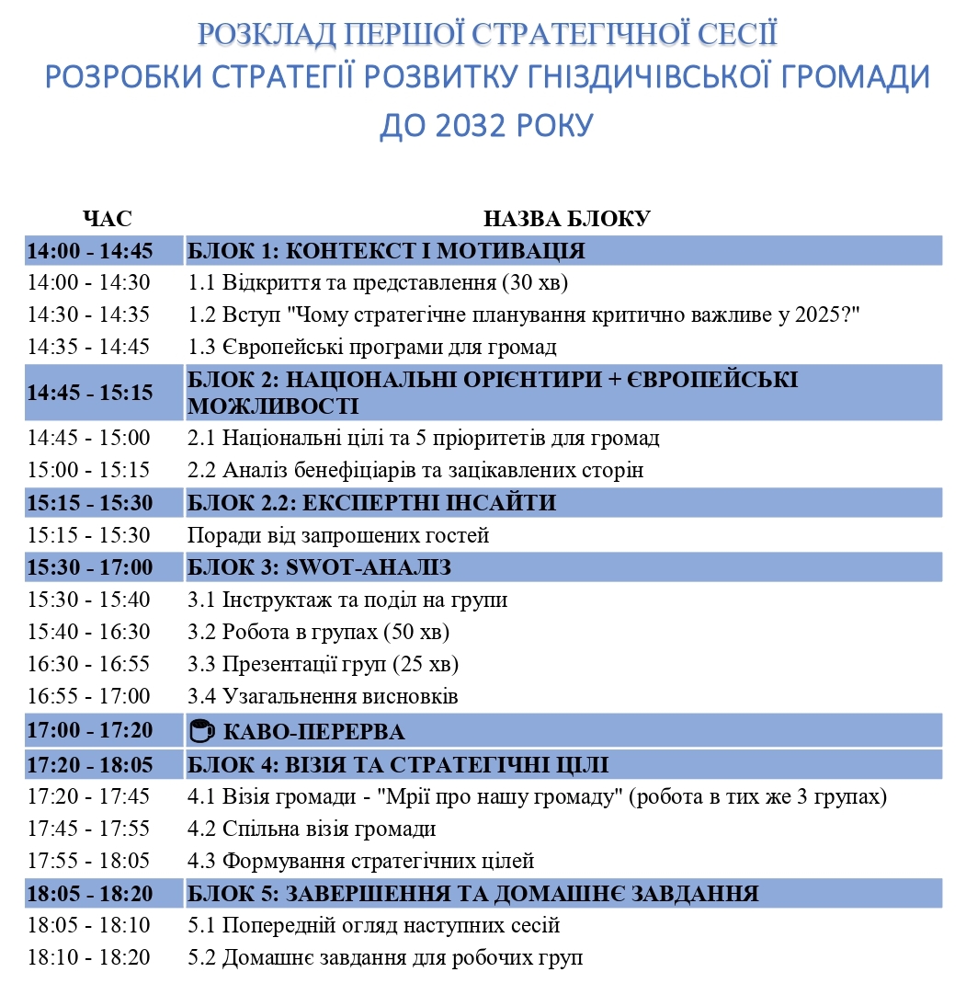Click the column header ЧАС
107,219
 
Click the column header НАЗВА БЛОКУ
566,219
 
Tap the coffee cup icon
201,732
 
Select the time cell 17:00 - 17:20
89,732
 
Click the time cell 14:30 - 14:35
88,315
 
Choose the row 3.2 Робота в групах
318,633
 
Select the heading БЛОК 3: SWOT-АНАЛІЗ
319,567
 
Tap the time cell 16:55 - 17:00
88,696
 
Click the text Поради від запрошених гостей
338,535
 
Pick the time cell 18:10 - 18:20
88,957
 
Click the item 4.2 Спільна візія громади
312,829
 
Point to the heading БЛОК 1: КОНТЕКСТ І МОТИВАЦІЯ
386,251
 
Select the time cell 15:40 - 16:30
88,633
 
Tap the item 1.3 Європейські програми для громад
372,347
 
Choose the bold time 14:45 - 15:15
89,393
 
